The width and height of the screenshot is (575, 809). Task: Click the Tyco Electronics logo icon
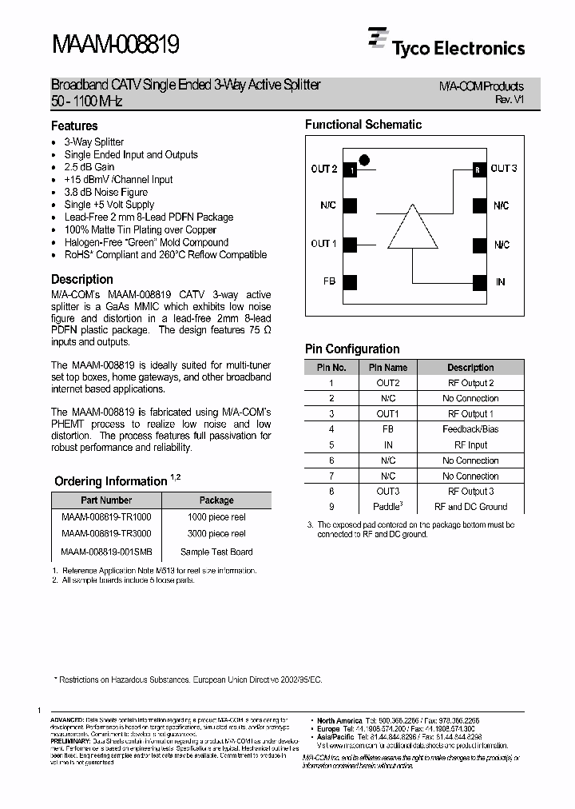[x=379, y=39]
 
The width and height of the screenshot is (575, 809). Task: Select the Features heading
[x=74, y=126]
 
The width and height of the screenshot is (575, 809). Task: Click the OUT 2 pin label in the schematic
[x=323, y=169]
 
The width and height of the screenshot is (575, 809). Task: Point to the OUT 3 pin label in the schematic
[x=504, y=168]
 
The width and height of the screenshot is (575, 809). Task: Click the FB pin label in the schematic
[x=328, y=282]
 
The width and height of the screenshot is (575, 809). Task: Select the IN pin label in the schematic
[x=501, y=282]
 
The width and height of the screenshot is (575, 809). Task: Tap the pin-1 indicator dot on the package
[x=364, y=160]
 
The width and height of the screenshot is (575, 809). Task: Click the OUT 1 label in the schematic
[x=323, y=244]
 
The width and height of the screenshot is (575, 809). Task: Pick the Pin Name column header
[x=387, y=368]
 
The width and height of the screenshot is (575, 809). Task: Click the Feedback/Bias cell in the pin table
[x=470, y=429]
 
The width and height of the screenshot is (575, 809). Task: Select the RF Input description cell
[x=470, y=444]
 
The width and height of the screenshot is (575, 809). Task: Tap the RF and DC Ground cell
[x=470, y=507]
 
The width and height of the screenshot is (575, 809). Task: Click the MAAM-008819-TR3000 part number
[x=106, y=533]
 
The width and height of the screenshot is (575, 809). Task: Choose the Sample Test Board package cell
[x=216, y=552]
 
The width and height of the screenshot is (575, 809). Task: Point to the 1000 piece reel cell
[x=216, y=517]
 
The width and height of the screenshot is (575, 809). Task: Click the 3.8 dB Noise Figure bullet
[x=105, y=193]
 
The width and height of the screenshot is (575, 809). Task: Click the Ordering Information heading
[x=110, y=481]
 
